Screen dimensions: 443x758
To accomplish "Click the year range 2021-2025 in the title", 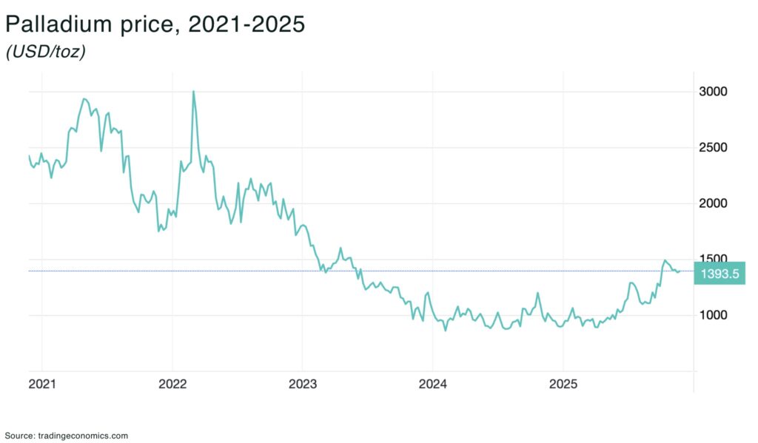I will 246,24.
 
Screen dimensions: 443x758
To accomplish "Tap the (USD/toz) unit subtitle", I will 45,53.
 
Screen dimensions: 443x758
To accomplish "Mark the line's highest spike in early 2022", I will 193,92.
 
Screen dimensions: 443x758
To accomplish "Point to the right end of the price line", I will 680,271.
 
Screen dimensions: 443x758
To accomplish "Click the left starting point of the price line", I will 29,156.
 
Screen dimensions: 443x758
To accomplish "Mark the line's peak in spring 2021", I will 84,98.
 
